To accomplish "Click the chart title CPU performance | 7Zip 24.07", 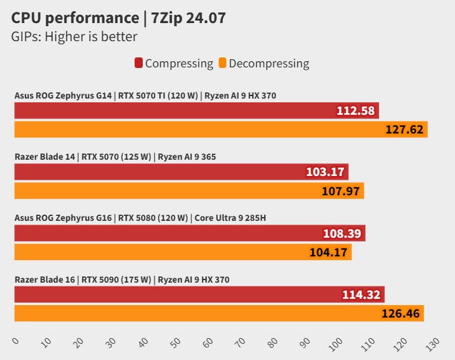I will pyautogui.click(x=118, y=18).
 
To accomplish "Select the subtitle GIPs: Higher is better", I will pyautogui.click(x=74, y=37).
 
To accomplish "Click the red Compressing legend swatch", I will pyautogui.click(x=139, y=63).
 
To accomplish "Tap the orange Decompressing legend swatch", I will pyautogui.click(x=223, y=63).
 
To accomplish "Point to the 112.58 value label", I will pyautogui.click(x=355, y=111).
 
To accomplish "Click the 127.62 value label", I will pyautogui.click(x=405, y=130).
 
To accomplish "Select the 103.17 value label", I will pyautogui.click(x=325, y=172).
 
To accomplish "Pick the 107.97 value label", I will pyautogui.click(x=341, y=191).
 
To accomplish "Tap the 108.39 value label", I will pyautogui.click(x=342, y=234).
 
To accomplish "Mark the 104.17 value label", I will pyautogui.click(x=329, y=252).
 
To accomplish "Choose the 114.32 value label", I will pyautogui.click(x=361, y=295).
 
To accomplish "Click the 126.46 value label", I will pyautogui.click(x=401, y=313).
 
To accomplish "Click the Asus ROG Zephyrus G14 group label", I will pyautogui.click(x=145, y=95).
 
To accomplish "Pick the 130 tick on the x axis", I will pyautogui.click(x=433, y=343).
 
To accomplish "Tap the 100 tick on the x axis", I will pyautogui.click(x=337, y=343).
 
